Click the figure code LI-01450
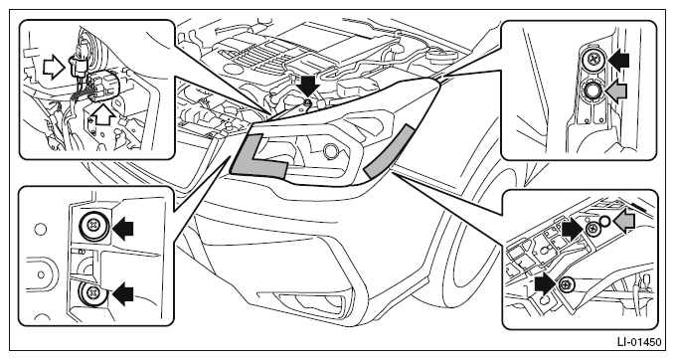[x=639, y=342]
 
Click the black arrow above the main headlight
[x=308, y=87]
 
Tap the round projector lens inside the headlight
[x=331, y=151]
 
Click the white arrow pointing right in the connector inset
[x=54, y=67]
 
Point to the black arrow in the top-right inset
[x=617, y=61]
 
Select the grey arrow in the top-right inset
[x=616, y=91]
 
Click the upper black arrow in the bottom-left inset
[x=122, y=228]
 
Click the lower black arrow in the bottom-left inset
[x=122, y=293]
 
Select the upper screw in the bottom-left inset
[x=93, y=225]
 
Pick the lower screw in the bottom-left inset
[x=91, y=292]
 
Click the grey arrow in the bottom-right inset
[x=624, y=222]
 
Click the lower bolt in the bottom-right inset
[x=566, y=283]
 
